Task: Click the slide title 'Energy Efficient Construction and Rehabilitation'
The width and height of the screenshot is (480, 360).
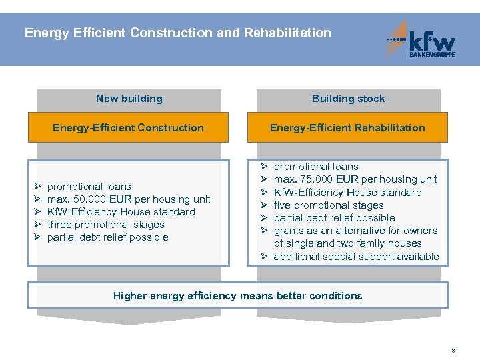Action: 177,33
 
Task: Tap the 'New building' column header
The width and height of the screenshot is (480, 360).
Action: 129,99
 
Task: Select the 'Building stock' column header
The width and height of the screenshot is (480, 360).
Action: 348,99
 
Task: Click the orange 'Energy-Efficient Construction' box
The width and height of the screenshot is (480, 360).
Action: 128,128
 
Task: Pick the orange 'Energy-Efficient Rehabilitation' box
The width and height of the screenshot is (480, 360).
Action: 347,128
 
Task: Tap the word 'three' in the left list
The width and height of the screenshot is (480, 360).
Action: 61,225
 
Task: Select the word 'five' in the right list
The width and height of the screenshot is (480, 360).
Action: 283,205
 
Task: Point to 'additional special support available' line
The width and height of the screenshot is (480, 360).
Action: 356,257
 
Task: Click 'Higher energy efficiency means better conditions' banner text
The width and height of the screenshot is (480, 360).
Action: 237,296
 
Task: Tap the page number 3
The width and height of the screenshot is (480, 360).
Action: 453,351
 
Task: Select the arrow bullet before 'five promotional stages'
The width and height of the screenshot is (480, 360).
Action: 264,205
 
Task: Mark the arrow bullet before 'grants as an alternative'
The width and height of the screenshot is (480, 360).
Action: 264,231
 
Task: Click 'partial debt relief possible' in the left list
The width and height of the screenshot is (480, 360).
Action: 107,237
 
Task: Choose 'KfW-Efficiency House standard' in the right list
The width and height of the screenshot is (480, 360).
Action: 347,193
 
